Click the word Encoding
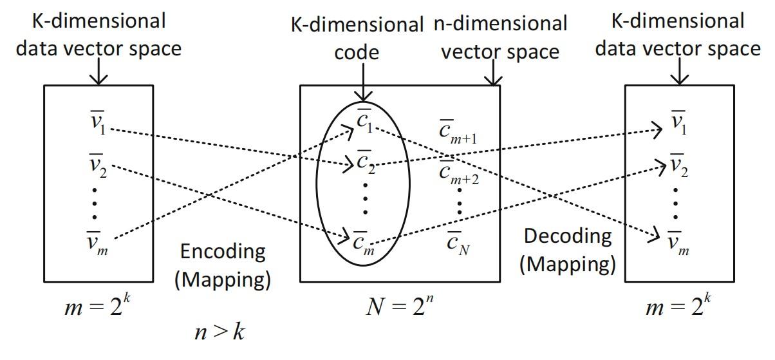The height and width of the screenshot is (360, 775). click(x=223, y=251)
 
